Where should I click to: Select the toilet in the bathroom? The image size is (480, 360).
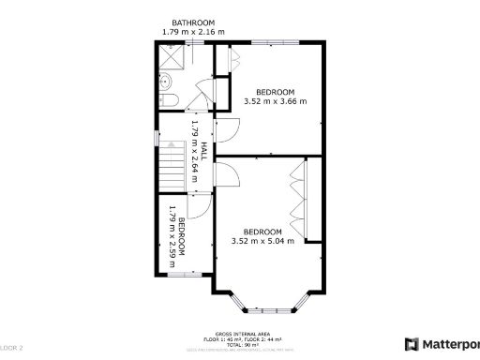pos(168,100)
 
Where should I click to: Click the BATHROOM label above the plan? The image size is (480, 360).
pos(193,22)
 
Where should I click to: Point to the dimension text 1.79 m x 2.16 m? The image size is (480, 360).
pos(193,33)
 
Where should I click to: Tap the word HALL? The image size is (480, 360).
pos(204,151)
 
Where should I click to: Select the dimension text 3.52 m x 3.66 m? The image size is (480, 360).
pos(275,101)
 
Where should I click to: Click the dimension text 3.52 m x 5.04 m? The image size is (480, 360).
pos(262,241)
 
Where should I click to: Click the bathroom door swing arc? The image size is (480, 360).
pos(202,95)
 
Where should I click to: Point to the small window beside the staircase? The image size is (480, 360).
pos(156,138)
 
